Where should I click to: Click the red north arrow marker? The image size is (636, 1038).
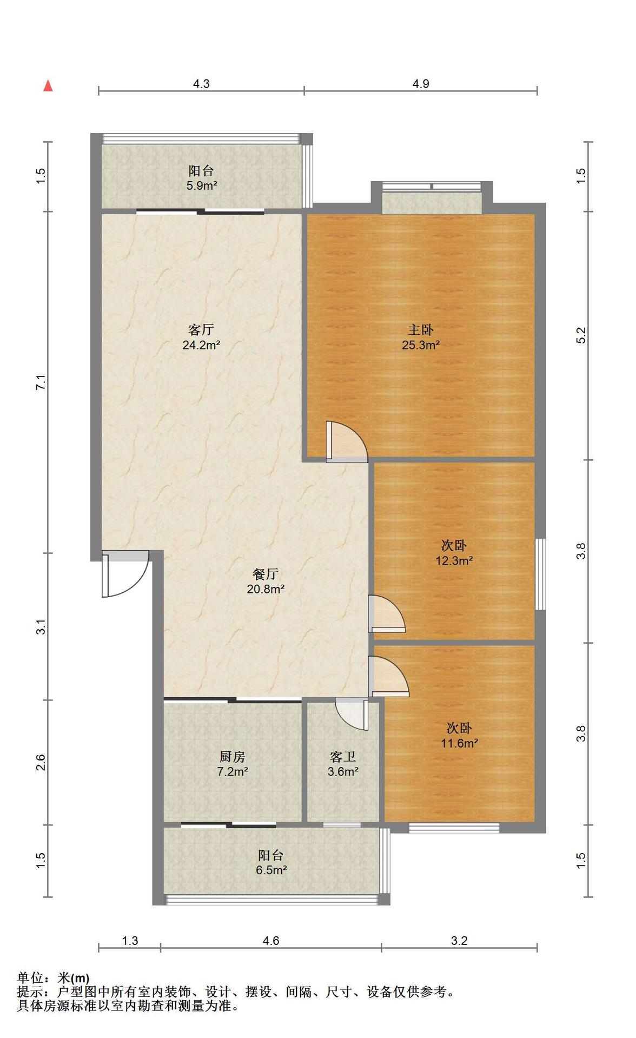coord(48,85)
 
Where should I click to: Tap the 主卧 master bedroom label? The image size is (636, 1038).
coord(420,329)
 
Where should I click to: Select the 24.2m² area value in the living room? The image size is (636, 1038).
coord(201,345)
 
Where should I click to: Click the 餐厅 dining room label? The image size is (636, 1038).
coord(266,573)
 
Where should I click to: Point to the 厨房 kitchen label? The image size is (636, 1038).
coord(233,757)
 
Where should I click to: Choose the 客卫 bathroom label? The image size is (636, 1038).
coord(343,757)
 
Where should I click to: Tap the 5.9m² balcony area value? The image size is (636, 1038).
coord(202,186)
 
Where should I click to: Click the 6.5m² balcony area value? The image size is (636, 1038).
coord(271,870)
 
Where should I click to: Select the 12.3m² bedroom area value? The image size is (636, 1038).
coord(454,560)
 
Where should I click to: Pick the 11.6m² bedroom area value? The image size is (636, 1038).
coord(459,743)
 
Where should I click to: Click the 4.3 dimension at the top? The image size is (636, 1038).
coord(201,83)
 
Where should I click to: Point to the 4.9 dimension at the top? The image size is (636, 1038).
coord(421,83)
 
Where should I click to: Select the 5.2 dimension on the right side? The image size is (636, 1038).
coord(581,335)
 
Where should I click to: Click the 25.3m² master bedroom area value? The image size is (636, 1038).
coord(421,345)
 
